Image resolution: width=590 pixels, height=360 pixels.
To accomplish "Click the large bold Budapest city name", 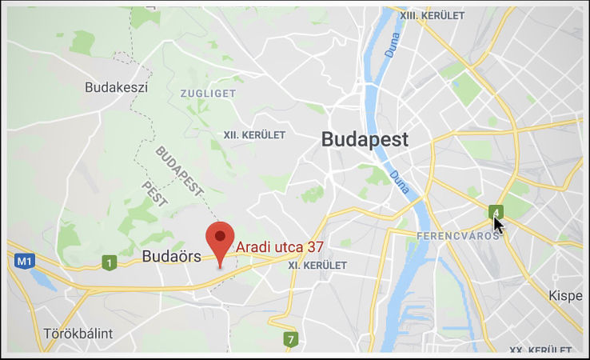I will click(x=365, y=139).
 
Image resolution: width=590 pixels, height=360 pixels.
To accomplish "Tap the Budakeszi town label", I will click(x=117, y=87).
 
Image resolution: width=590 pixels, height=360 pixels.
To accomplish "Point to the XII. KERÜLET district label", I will click(x=254, y=135).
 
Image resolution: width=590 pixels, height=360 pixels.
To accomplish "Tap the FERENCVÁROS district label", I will click(x=458, y=236).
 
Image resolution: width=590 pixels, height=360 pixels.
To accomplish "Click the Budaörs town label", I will click(x=171, y=257).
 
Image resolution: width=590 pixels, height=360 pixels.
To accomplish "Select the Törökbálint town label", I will click(x=78, y=333).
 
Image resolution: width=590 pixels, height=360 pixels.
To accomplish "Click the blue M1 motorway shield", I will click(x=24, y=261).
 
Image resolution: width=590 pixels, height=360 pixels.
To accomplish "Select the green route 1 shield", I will click(x=109, y=262).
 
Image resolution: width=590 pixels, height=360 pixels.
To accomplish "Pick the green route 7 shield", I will click(x=291, y=339).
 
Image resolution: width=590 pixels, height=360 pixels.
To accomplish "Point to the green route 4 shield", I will click(x=496, y=211).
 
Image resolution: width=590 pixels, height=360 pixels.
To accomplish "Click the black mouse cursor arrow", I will click(x=498, y=225).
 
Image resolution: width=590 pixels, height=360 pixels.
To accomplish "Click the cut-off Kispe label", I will click(x=565, y=296).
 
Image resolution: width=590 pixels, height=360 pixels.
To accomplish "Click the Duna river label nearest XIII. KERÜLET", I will click(x=393, y=50).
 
